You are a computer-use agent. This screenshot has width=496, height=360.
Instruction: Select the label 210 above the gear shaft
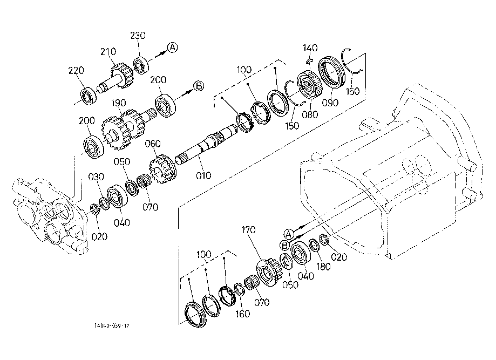[108, 52]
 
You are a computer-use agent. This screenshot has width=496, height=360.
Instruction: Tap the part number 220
[76, 71]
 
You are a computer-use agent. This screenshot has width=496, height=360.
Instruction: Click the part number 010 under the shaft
[203, 175]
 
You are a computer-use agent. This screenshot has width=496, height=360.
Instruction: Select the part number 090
[330, 103]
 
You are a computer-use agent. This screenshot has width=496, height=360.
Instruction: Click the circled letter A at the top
[172, 47]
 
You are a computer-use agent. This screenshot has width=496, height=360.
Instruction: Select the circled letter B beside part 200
[199, 86]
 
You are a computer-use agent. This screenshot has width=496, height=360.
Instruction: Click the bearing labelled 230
[142, 65]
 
